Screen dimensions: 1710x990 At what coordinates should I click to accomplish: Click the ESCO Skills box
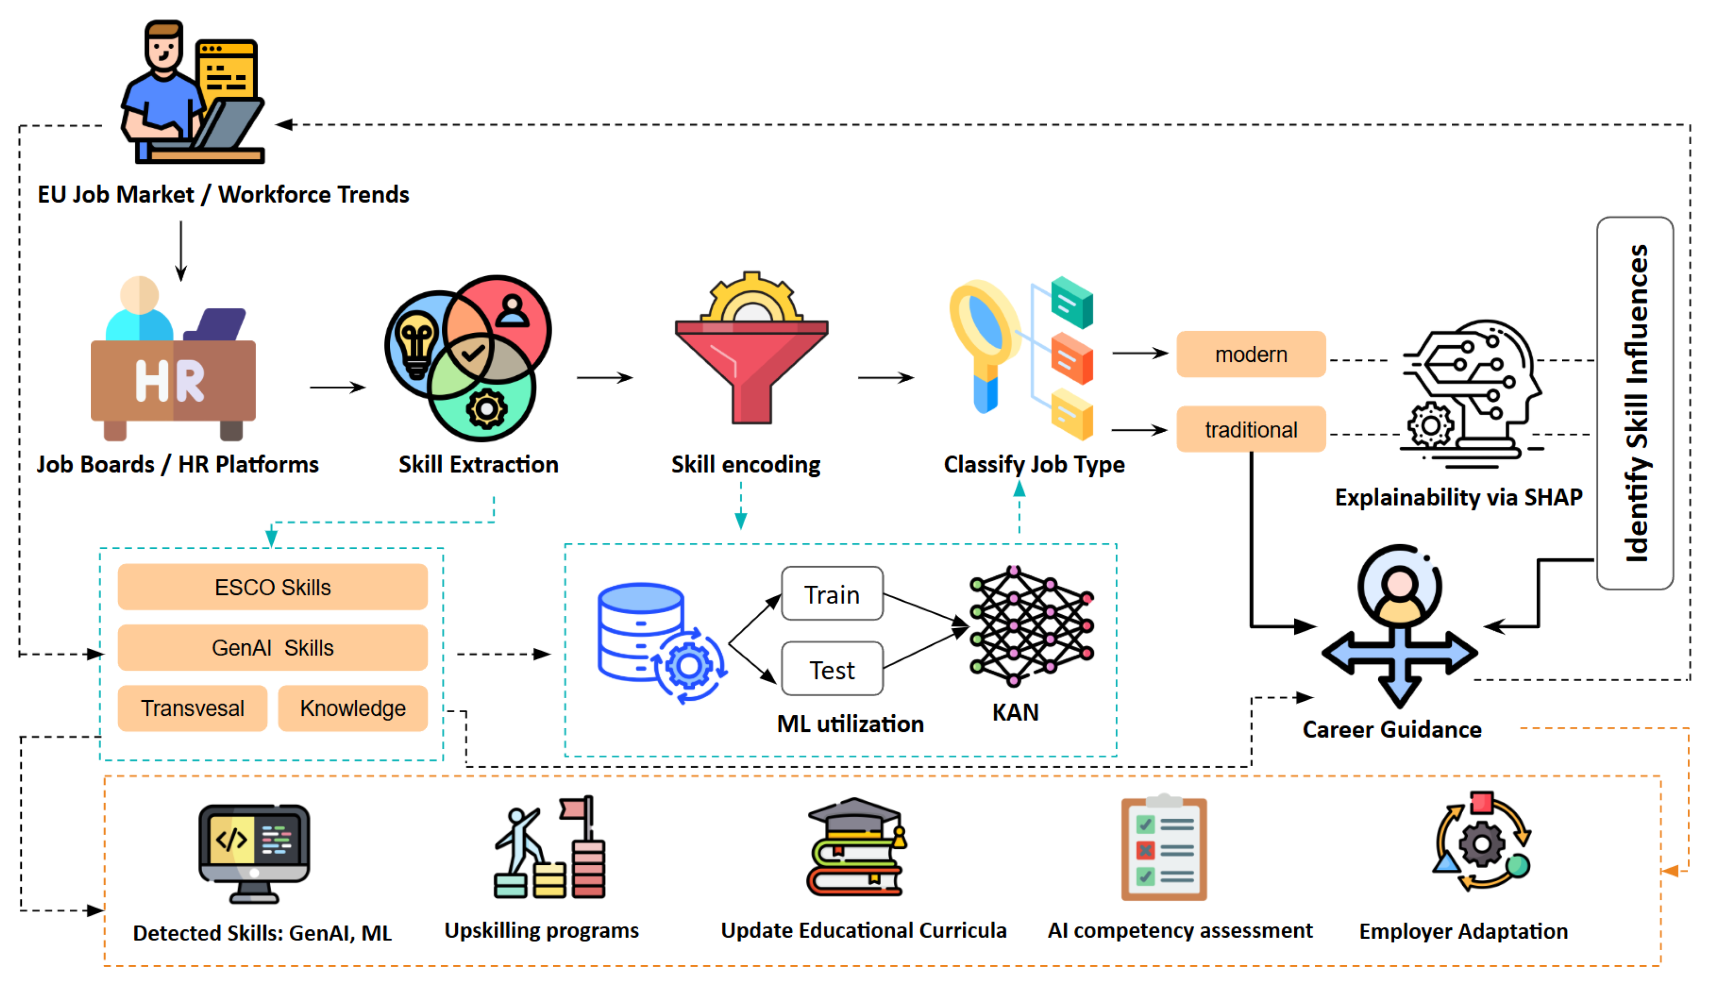click(x=273, y=587)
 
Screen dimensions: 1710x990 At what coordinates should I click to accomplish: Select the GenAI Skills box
click(x=273, y=648)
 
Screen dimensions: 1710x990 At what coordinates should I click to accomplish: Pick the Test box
click(x=833, y=669)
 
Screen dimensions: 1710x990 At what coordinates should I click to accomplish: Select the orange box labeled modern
click(x=1251, y=354)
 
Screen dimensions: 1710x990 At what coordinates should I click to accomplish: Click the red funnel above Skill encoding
click(x=752, y=372)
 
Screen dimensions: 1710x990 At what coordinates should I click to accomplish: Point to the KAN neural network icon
click(x=1031, y=626)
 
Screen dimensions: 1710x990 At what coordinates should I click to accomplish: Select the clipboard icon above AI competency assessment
click(x=1164, y=847)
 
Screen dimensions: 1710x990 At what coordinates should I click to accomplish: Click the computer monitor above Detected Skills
click(x=255, y=854)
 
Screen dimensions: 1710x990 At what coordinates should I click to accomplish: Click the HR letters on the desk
click(x=170, y=380)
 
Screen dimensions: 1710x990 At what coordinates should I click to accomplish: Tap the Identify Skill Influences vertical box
click(x=1635, y=403)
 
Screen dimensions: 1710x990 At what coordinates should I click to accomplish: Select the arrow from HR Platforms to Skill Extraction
click(x=337, y=388)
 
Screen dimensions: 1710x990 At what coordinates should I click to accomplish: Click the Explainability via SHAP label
click(x=1459, y=498)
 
